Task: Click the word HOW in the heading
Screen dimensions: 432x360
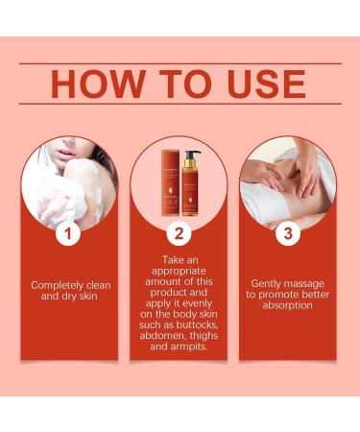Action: point(100,84)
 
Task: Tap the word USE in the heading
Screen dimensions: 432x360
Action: point(256,84)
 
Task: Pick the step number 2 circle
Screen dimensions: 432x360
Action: point(178,234)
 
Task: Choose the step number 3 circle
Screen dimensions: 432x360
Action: point(287,234)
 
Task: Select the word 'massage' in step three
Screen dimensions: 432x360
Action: point(312,284)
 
